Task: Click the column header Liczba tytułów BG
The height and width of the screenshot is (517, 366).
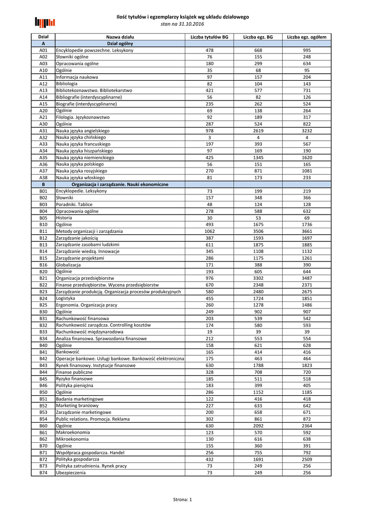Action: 209,37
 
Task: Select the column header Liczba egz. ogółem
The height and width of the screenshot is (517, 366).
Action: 306,37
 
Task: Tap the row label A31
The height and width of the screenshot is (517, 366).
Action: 43,131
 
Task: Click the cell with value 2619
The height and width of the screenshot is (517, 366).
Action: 258,131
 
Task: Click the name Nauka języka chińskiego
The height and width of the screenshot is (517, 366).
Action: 81,137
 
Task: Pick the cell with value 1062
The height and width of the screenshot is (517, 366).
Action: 209,231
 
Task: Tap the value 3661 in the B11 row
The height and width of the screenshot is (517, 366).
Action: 306,231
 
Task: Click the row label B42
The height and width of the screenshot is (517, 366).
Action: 43,358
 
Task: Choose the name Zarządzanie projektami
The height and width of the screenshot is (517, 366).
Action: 80,258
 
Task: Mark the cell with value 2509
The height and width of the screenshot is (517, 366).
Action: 306,459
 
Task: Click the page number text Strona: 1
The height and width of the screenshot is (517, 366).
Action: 183,499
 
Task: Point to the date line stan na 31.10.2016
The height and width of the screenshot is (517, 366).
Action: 183,24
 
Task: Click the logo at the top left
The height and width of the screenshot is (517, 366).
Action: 45,22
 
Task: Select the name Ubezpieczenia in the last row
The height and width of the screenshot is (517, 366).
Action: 71,473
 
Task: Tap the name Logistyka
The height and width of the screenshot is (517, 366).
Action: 66,298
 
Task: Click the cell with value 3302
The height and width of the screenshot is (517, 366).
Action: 258,278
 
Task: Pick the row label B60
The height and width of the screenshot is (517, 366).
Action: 43,426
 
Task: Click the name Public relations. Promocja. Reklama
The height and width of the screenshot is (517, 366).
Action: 93,419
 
